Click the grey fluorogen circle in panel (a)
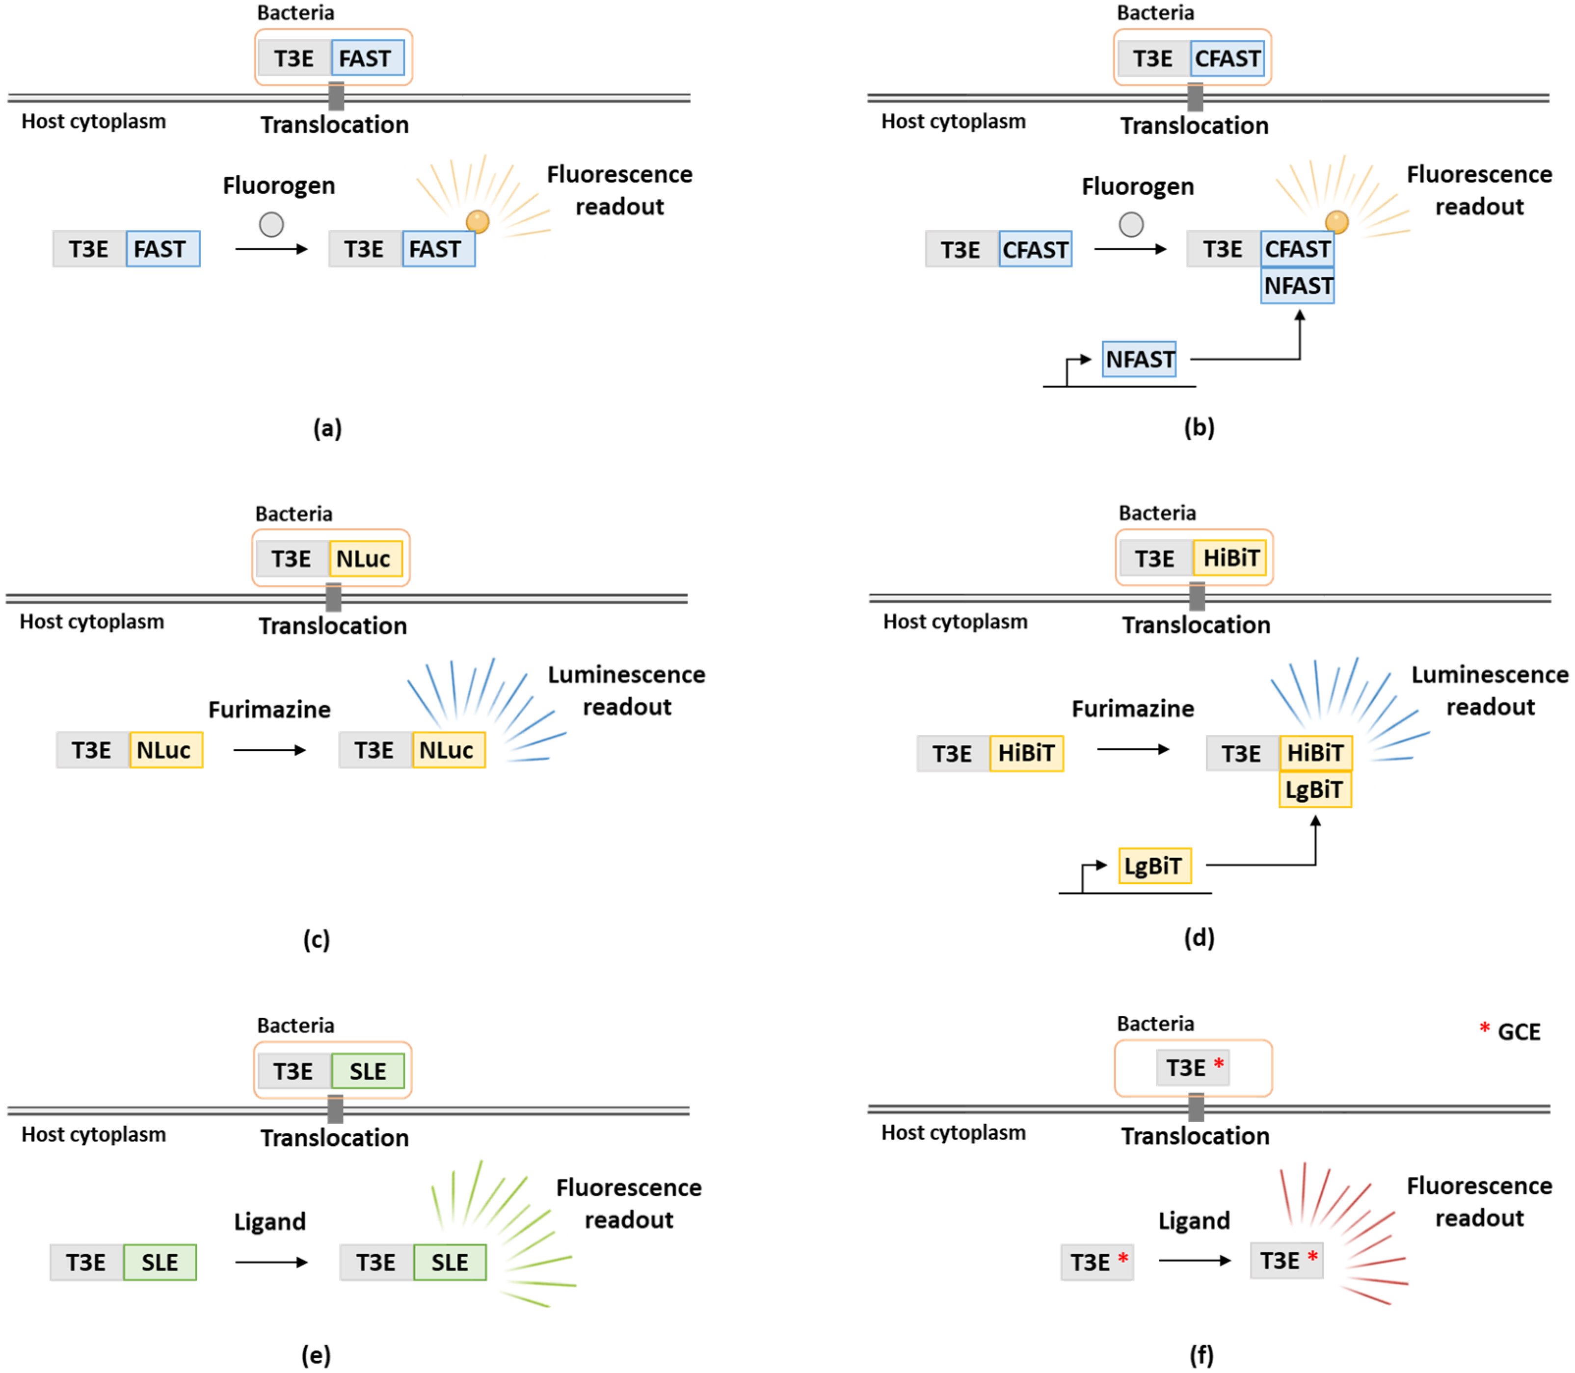(x=271, y=224)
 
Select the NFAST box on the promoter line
(x=1139, y=359)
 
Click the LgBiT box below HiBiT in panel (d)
(x=1314, y=790)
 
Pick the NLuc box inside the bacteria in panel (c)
(x=365, y=558)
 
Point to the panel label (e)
(x=316, y=1355)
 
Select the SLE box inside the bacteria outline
(x=368, y=1071)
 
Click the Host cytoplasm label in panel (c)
(x=92, y=621)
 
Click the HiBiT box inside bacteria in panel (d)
(x=1230, y=558)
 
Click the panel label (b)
(x=1199, y=427)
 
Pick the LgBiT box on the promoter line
(x=1154, y=866)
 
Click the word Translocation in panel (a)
(x=334, y=125)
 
